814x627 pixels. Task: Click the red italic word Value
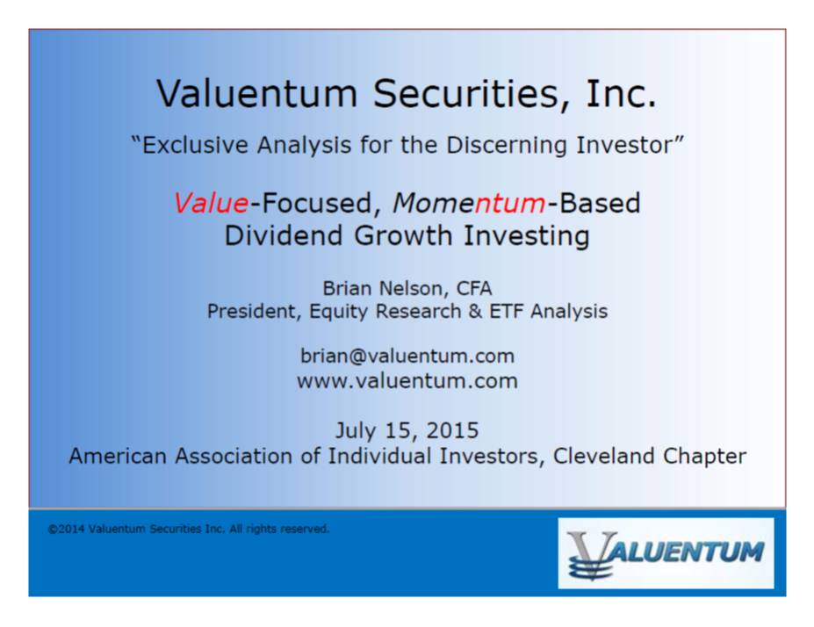211,203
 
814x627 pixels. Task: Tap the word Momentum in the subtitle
469,203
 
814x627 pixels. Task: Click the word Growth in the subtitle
403,235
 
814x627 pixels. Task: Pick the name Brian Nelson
385,288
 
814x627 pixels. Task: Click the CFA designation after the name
474,288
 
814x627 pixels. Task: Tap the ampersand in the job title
475,312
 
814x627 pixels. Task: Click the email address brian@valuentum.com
407,356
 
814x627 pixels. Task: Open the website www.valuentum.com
407,381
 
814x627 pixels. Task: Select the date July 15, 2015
407,430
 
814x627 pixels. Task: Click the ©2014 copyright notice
189,529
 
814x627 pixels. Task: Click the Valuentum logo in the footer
666,553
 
